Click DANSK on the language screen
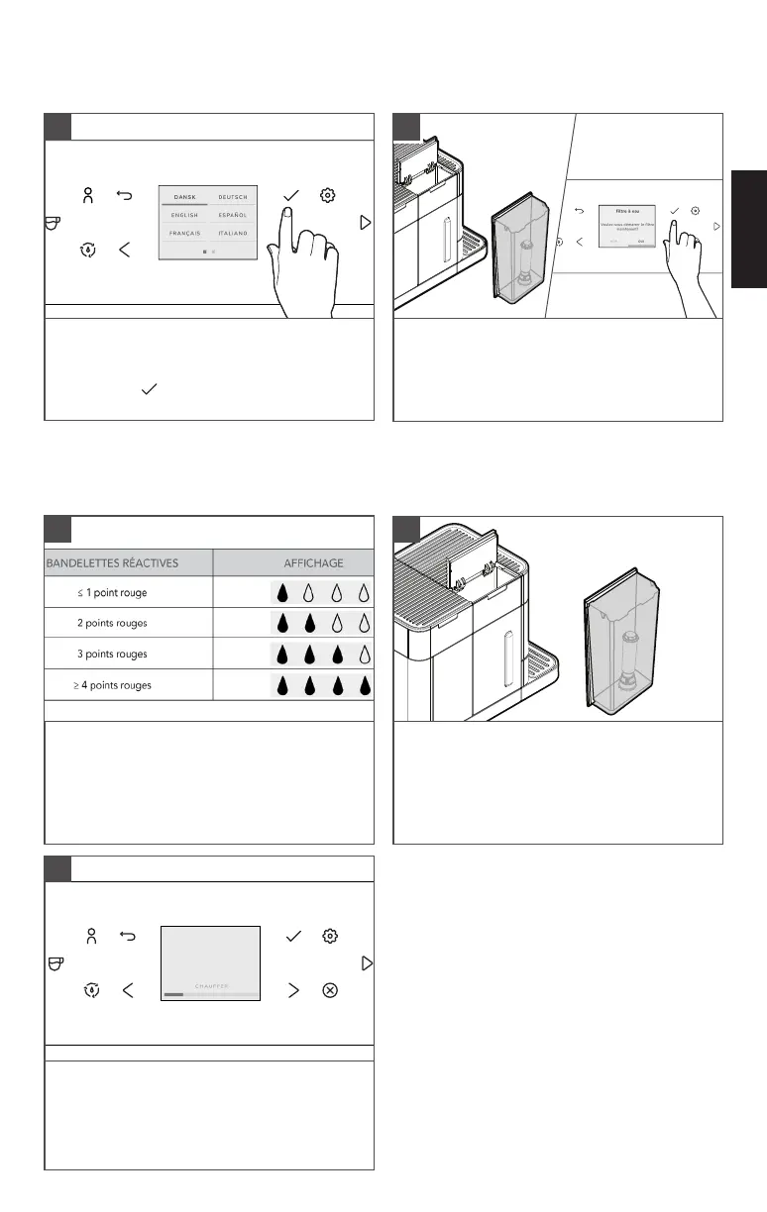click(x=184, y=197)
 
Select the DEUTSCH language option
click(x=233, y=197)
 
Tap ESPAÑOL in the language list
click(x=233, y=215)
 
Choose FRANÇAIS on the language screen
click(x=184, y=234)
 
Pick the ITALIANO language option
click(x=233, y=234)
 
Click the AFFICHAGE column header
click(x=313, y=562)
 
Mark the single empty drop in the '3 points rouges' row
click(x=364, y=655)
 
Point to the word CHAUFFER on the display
click(x=210, y=986)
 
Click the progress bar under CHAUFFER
click(x=210, y=994)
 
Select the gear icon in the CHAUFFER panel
click(x=331, y=936)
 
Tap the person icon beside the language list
click(x=89, y=195)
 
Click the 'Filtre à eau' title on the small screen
click(x=626, y=212)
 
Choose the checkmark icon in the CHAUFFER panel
click(x=292, y=936)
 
